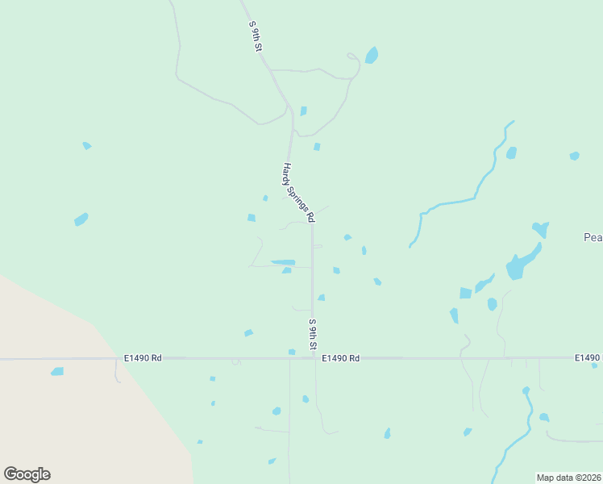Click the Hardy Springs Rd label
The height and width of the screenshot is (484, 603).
click(x=297, y=193)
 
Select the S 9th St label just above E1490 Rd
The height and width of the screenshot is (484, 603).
click(x=313, y=335)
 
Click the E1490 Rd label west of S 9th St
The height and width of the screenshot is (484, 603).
click(x=143, y=357)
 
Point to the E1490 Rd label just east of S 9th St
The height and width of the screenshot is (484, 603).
click(x=341, y=357)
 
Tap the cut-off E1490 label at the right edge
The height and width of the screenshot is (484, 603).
click(x=588, y=357)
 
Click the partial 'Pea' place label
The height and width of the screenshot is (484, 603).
click(x=593, y=237)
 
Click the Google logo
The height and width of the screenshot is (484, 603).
click(x=27, y=474)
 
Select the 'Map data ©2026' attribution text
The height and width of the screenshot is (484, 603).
click(x=568, y=478)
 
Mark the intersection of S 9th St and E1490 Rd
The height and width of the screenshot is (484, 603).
click(x=314, y=357)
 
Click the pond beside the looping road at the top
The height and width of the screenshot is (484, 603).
click(x=372, y=55)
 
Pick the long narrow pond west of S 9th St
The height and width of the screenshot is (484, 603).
click(x=284, y=262)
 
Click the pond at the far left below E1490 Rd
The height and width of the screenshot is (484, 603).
click(x=57, y=371)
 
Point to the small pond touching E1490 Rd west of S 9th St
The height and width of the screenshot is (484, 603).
click(x=292, y=352)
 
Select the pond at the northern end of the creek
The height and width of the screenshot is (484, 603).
click(x=511, y=152)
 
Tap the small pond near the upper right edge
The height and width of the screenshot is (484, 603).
click(x=574, y=156)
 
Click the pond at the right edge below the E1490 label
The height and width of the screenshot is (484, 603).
click(x=594, y=365)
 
